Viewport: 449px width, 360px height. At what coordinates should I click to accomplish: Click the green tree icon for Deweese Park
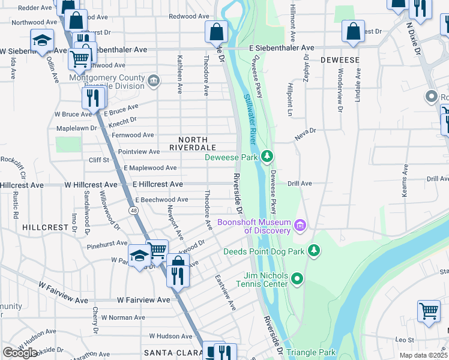(267, 157)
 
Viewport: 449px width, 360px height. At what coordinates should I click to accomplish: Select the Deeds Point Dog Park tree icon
(313, 250)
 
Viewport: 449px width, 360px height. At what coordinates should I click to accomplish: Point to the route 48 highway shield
(133, 211)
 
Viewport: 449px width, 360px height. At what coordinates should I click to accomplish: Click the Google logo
(20, 352)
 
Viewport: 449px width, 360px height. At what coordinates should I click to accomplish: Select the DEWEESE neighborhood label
(340, 60)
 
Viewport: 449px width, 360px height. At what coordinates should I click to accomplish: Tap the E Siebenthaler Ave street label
(283, 47)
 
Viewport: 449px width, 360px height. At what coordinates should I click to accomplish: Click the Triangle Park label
(310, 352)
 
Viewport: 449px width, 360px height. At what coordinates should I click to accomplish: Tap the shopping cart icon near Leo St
(429, 311)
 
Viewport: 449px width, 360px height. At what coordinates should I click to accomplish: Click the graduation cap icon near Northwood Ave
(42, 41)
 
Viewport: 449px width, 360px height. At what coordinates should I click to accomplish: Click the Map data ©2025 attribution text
(423, 355)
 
